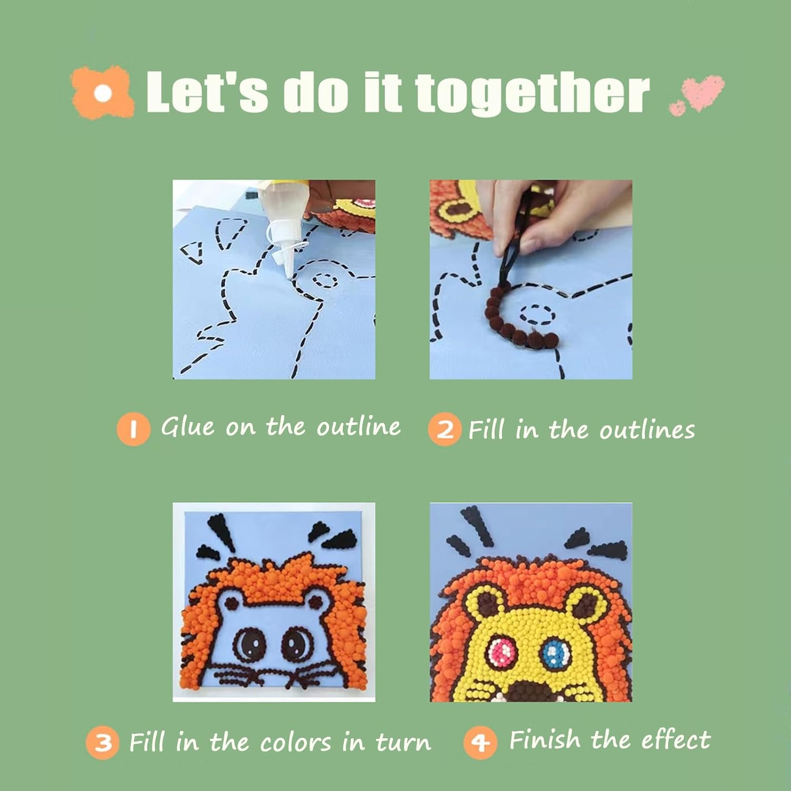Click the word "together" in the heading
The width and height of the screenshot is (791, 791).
tap(532, 93)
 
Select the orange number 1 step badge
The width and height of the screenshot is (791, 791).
tap(133, 429)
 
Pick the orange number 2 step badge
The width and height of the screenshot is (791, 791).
tap(445, 429)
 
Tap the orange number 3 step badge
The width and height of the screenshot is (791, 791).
tap(103, 742)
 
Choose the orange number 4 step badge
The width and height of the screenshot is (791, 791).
tap(480, 742)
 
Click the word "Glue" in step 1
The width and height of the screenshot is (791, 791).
tap(188, 426)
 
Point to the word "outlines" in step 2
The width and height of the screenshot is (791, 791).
tap(647, 430)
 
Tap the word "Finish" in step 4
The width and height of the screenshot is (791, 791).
tap(545, 739)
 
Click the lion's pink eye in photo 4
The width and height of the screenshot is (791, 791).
tap(503, 652)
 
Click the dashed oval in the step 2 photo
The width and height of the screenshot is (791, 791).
tap(537, 315)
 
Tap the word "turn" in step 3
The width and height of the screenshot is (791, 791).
tap(403, 742)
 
